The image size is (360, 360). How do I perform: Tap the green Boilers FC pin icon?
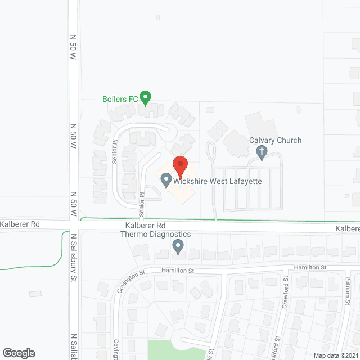[146, 98]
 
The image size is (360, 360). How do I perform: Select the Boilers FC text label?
[120, 99]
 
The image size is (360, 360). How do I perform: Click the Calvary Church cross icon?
[261, 151]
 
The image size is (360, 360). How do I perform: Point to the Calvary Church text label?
[276, 140]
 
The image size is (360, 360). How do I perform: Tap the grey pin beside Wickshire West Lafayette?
[166, 181]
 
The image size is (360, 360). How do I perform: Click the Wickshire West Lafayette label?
[218, 182]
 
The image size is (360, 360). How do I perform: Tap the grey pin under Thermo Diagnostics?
[178, 246]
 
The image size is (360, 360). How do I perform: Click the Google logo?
[18, 353]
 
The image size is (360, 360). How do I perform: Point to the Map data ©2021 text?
[335, 355]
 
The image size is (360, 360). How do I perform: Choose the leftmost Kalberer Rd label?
[20, 224]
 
